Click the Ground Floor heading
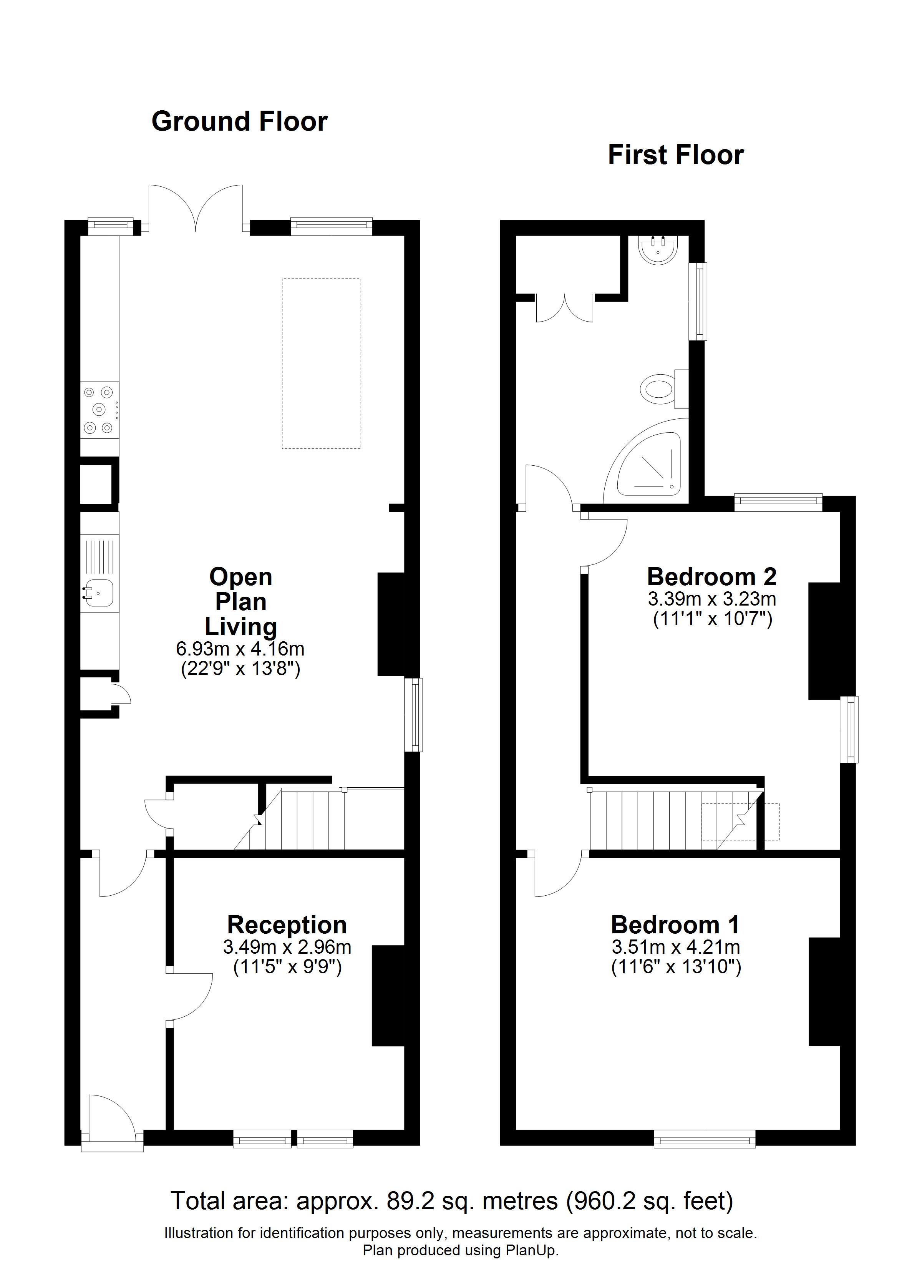coord(239,122)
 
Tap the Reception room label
coord(287,925)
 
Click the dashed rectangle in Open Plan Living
coord(321,363)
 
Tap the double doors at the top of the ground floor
coord(196,208)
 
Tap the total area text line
coord(452,1201)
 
